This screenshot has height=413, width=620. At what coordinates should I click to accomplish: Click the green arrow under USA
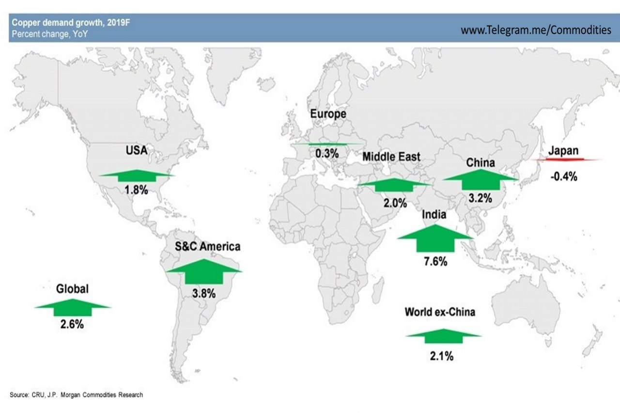click(137, 175)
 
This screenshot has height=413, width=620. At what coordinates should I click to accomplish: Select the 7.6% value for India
click(435, 261)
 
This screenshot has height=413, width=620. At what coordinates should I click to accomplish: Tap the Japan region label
click(563, 150)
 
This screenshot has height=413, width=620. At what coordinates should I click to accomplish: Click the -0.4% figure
click(563, 176)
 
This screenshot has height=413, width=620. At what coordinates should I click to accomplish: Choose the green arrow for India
click(435, 238)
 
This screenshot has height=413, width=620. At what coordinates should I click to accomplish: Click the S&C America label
click(208, 246)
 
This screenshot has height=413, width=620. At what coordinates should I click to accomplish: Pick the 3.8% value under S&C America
click(204, 293)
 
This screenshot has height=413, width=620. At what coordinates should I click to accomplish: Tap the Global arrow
click(73, 307)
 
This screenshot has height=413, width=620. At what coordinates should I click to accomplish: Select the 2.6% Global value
click(72, 324)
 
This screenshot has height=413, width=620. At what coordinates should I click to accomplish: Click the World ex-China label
click(440, 312)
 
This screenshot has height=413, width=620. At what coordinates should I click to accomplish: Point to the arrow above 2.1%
click(443, 336)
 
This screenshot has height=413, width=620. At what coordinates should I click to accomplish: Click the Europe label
click(328, 114)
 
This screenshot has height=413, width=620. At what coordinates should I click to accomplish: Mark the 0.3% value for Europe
click(327, 153)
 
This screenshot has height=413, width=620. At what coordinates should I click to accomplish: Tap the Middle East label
click(391, 157)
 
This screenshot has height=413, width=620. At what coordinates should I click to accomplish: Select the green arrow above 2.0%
click(394, 185)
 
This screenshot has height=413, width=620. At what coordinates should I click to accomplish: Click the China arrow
click(481, 179)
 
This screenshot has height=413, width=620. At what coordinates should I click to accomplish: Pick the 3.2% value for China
click(480, 198)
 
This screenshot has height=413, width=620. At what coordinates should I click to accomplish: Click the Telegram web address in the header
click(536, 30)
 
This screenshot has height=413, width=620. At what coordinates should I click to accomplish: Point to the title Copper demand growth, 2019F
click(71, 22)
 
